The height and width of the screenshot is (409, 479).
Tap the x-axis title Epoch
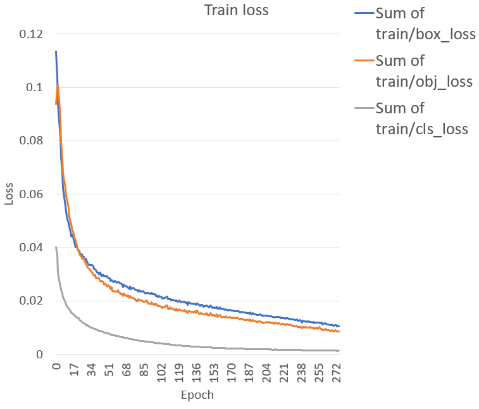pyautogui.click(x=197, y=395)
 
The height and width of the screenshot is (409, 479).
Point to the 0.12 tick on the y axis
pyautogui.click(x=33, y=34)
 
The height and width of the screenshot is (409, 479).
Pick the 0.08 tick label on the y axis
pyautogui.click(x=33, y=141)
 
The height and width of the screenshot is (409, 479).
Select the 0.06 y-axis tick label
pyautogui.click(x=33, y=194)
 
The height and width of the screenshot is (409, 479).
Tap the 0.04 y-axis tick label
pyautogui.click(x=33, y=248)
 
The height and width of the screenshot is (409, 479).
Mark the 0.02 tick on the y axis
pyautogui.click(x=33, y=301)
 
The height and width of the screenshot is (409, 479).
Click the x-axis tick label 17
pyautogui.click(x=74, y=370)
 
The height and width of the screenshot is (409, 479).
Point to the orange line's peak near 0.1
pyautogui.click(x=58, y=84)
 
